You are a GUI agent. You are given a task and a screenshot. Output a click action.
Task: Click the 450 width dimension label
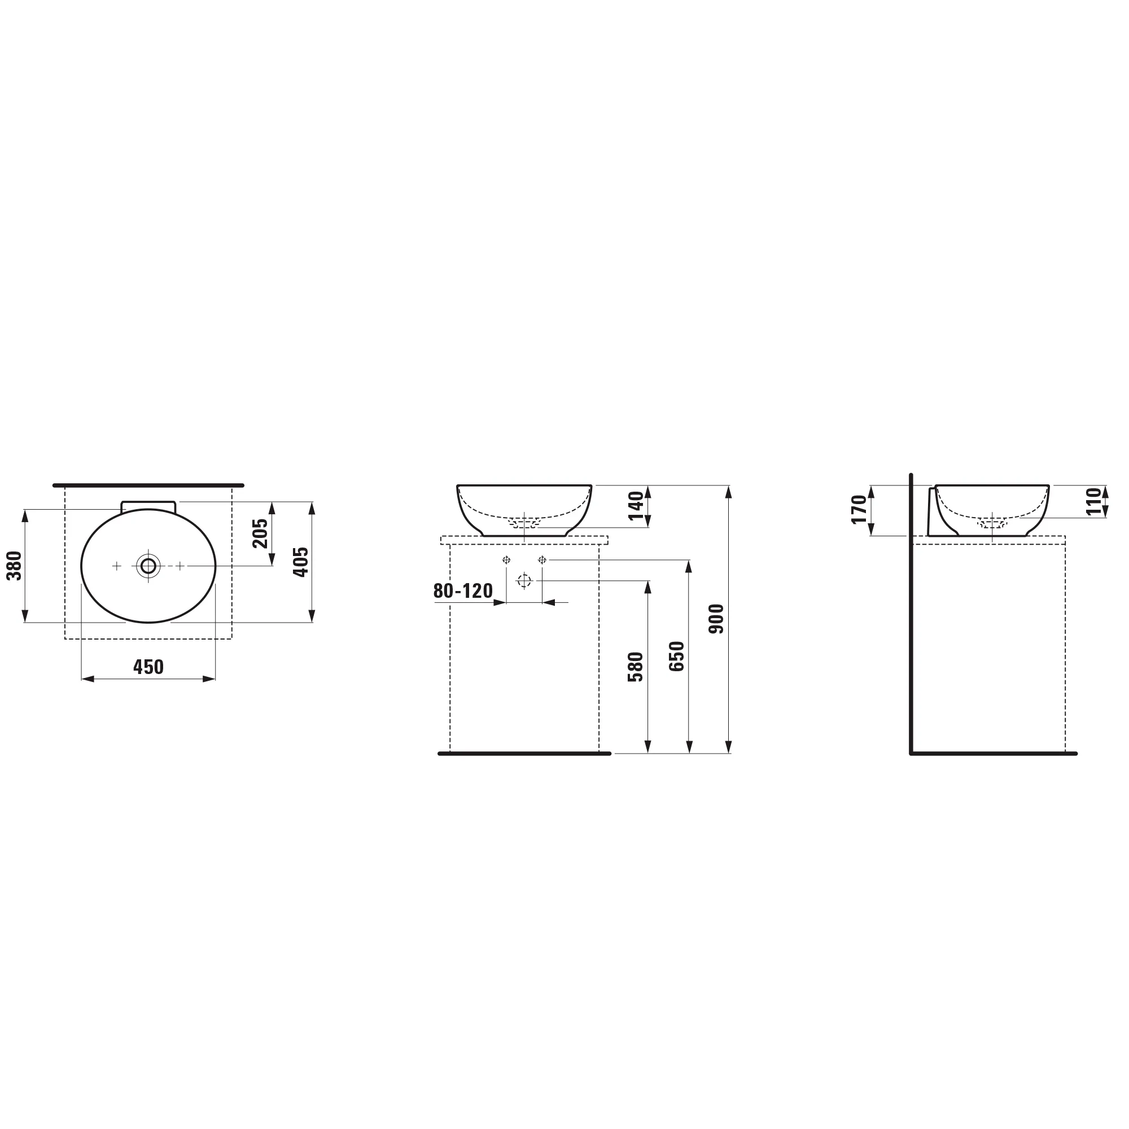[148, 667]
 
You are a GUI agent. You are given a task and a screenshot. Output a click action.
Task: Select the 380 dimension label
[14, 566]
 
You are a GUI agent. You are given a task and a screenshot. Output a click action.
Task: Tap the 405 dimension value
[300, 562]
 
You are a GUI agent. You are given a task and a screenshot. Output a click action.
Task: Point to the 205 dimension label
[260, 533]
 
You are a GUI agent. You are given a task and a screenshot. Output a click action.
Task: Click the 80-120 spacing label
[463, 591]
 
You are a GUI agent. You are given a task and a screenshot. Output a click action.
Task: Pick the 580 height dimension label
[635, 667]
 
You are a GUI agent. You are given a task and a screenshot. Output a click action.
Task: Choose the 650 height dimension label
[677, 657]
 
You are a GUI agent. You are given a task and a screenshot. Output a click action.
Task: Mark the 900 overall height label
[716, 619]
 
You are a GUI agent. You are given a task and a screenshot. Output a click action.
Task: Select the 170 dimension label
[859, 510]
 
